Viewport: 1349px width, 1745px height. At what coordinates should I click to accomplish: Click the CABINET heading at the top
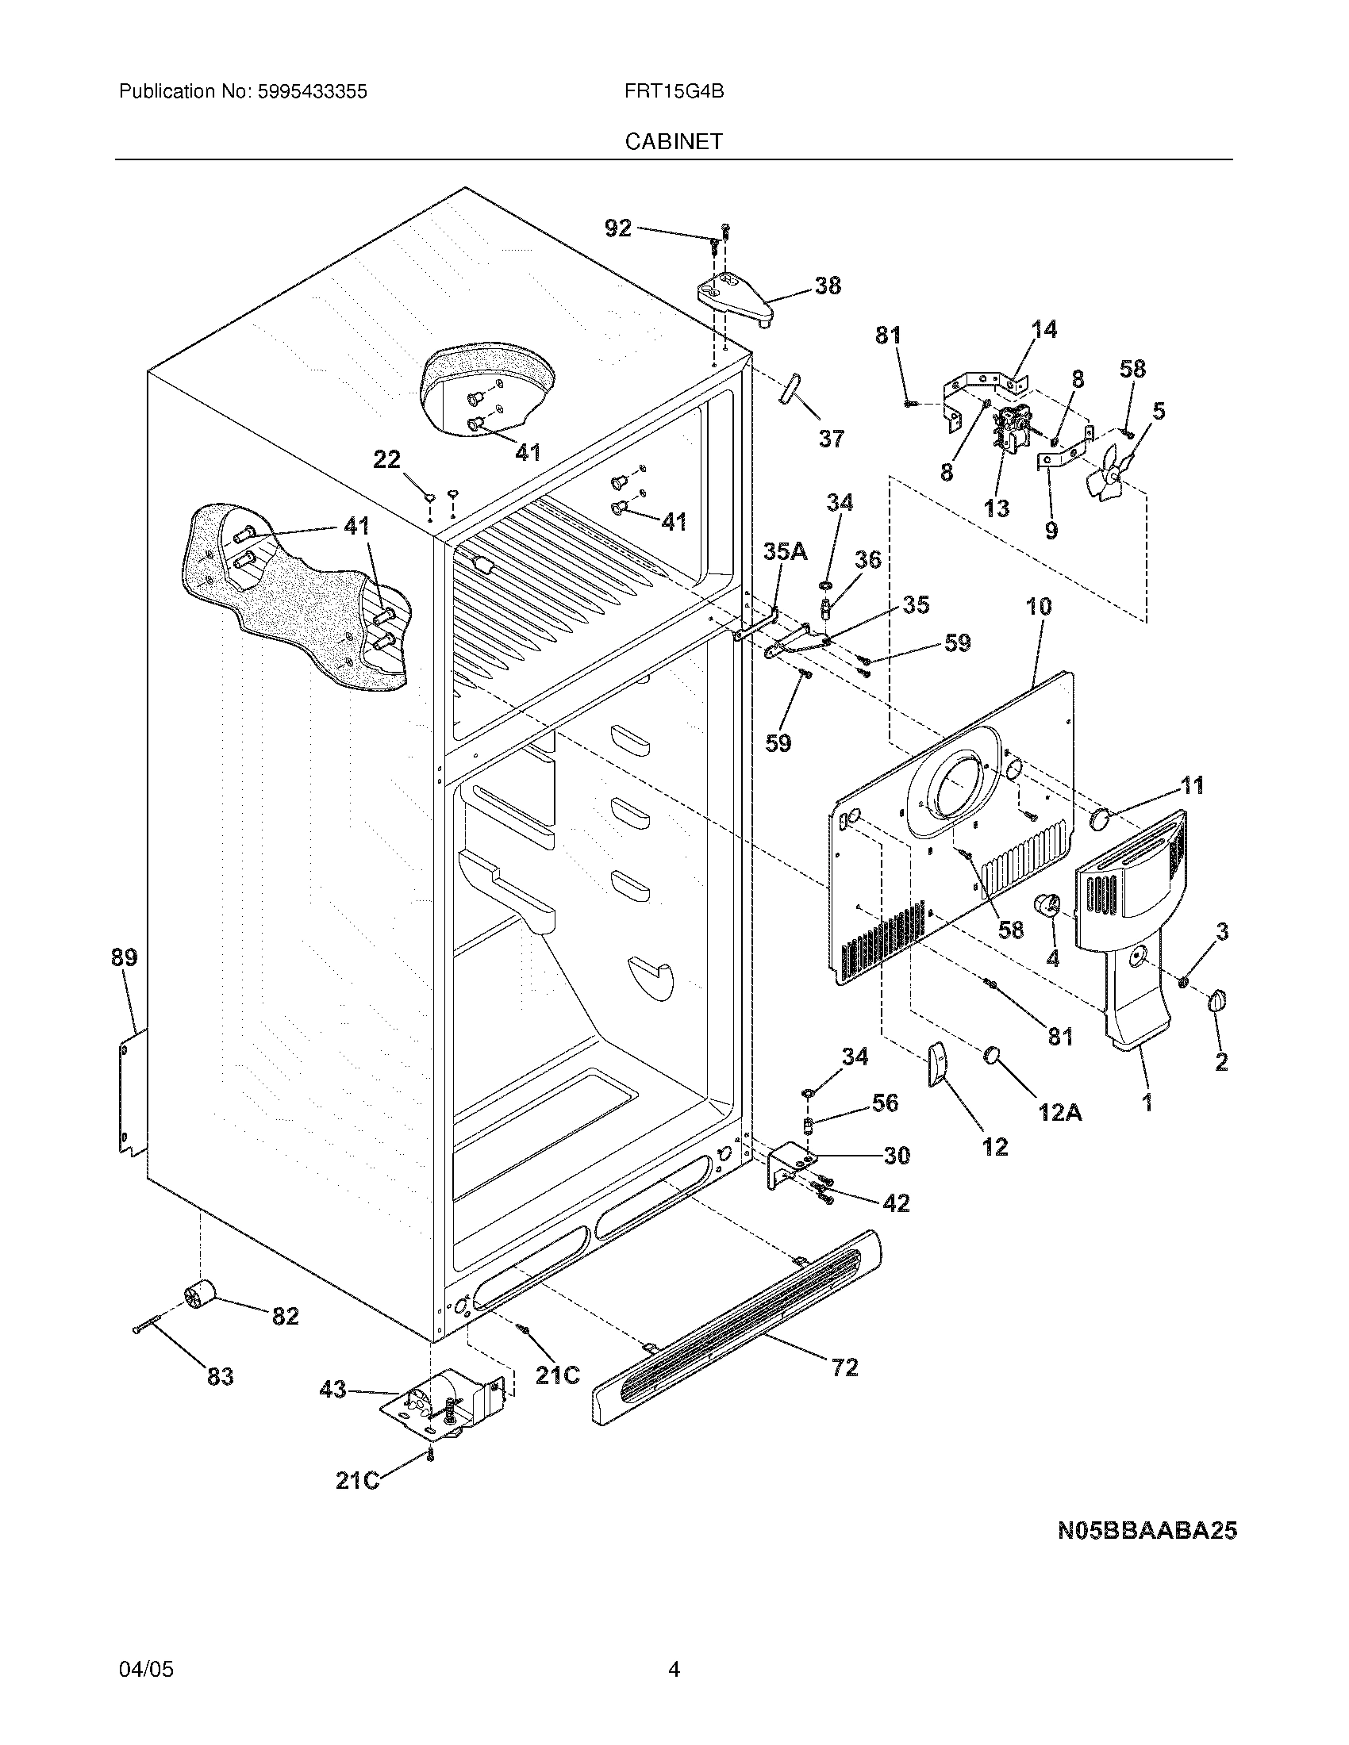pyautogui.click(x=673, y=141)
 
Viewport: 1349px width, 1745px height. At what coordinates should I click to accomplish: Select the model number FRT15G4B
pyautogui.click(x=674, y=91)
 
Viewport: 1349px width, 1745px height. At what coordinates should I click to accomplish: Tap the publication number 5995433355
pyautogui.click(x=313, y=91)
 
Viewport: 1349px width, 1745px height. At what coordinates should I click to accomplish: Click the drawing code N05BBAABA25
pyautogui.click(x=1147, y=1530)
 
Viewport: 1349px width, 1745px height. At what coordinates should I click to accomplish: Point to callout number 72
pyautogui.click(x=844, y=1367)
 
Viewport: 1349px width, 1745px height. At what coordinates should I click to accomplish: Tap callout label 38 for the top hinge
pyautogui.click(x=827, y=286)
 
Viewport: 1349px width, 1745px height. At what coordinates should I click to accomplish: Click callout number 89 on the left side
pyautogui.click(x=124, y=957)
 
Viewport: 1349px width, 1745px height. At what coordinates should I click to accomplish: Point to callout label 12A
pyautogui.click(x=1059, y=1112)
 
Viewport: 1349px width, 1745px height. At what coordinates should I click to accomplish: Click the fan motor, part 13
pyautogui.click(x=1009, y=431)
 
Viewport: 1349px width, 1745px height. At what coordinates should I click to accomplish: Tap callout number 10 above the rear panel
pyautogui.click(x=1038, y=607)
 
